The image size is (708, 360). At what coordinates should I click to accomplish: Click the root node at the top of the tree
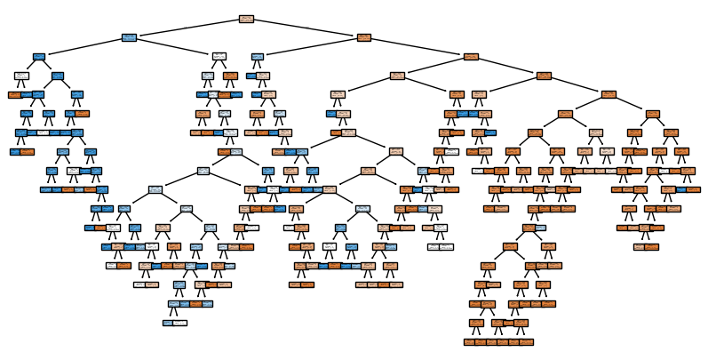(x=247, y=19)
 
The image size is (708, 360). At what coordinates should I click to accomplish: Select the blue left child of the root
(x=130, y=37)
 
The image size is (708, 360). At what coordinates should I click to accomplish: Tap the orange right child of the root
(x=363, y=37)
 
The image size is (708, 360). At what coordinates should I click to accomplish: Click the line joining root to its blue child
(x=188, y=28)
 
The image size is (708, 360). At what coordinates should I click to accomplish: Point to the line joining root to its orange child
(x=305, y=28)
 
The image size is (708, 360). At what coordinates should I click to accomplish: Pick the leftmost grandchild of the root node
(x=39, y=56)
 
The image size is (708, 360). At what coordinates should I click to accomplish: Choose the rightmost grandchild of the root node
(x=471, y=56)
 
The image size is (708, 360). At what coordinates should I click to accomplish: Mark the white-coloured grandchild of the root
(x=219, y=56)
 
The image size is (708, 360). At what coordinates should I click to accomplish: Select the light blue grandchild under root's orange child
(x=258, y=56)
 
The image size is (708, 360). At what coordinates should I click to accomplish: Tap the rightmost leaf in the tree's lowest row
(x=527, y=341)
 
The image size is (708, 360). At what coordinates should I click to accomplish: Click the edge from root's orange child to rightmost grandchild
(x=418, y=47)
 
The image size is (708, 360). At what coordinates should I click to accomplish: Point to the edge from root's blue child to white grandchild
(x=174, y=47)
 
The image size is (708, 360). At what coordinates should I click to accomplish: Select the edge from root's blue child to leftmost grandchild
(x=84, y=47)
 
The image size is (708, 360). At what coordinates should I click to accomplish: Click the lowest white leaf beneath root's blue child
(x=180, y=323)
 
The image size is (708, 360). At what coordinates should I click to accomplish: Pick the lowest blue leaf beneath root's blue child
(x=168, y=323)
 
